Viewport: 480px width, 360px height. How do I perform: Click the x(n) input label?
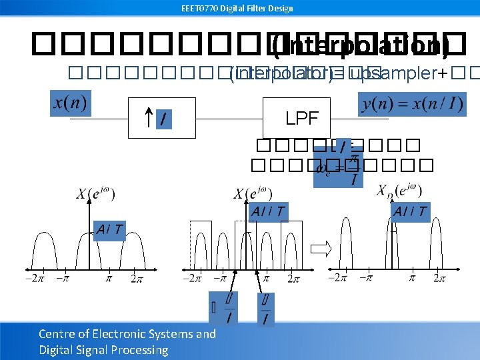click(x=71, y=105)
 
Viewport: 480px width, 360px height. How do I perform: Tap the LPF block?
click(x=302, y=119)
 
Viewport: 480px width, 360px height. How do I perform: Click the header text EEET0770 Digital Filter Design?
click(x=237, y=8)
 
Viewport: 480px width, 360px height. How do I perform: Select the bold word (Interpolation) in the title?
click(x=360, y=46)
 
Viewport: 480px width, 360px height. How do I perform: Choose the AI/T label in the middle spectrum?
click(x=268, y=212)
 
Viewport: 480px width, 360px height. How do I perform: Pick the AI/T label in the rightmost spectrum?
click(x=409, y=212)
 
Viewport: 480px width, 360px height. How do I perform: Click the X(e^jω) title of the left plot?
click(x=95, y=194)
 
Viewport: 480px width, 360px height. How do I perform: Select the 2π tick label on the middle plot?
click(x=294, y=278)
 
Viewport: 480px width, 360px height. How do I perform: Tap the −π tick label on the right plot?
click(x=365, y=277)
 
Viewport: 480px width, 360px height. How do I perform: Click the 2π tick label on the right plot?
click(x=439, y=277)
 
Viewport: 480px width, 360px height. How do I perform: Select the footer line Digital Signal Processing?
click(x=103, y=350)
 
